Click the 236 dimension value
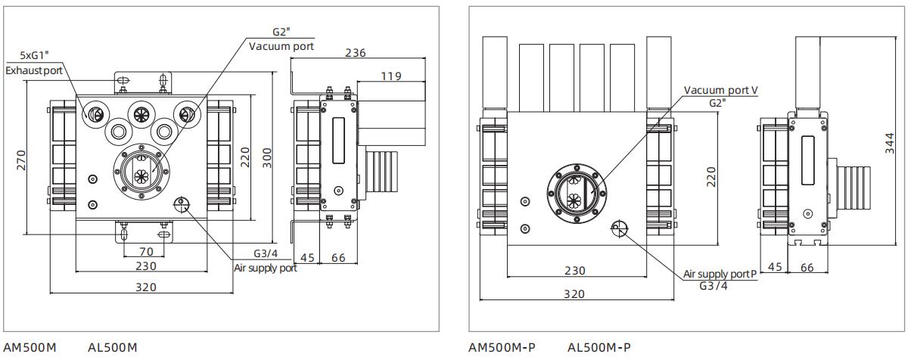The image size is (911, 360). [355, 53]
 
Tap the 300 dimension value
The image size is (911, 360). [267, 158]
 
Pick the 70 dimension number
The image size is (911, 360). [145, 250]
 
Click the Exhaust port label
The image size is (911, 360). [34, 70]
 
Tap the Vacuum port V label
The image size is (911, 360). [720, 90]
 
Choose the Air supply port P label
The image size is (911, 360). [720, 274]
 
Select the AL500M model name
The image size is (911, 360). [113, 348]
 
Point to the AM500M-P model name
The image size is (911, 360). [502, 348]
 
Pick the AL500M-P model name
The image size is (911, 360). [599, 348]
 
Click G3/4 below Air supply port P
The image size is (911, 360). [714, 286]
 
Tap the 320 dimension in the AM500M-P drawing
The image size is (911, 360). [576, 294]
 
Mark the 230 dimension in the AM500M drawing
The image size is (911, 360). [145, 265]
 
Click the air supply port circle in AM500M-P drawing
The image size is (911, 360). [619, 228]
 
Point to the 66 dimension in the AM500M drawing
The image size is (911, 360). [338, 258]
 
